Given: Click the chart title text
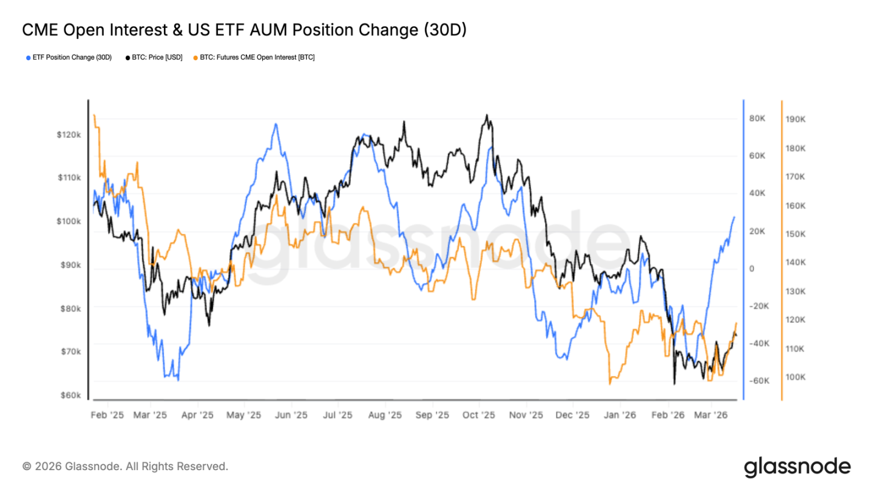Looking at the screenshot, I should (x=244, y=30).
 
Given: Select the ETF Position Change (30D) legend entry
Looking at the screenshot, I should (x=69, y=57).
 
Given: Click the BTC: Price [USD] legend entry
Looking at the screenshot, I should (x=154, y=57).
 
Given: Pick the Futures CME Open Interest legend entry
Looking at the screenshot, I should (x=254, y=57).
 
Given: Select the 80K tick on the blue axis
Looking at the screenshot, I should (x=757, y=118).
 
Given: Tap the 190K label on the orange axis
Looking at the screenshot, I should (x=795, y=120).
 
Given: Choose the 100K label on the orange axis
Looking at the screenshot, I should (x=795, y=377).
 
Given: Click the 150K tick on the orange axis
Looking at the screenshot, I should (x=795, y=234).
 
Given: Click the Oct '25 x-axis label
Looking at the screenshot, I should (x=479, y=415).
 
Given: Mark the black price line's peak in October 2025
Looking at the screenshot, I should (x=486, y=115).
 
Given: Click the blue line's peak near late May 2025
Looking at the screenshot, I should (x=276, y=124).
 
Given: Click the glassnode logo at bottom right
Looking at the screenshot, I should (x=797, y=466).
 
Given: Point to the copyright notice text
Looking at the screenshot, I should (x=125, y=466).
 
